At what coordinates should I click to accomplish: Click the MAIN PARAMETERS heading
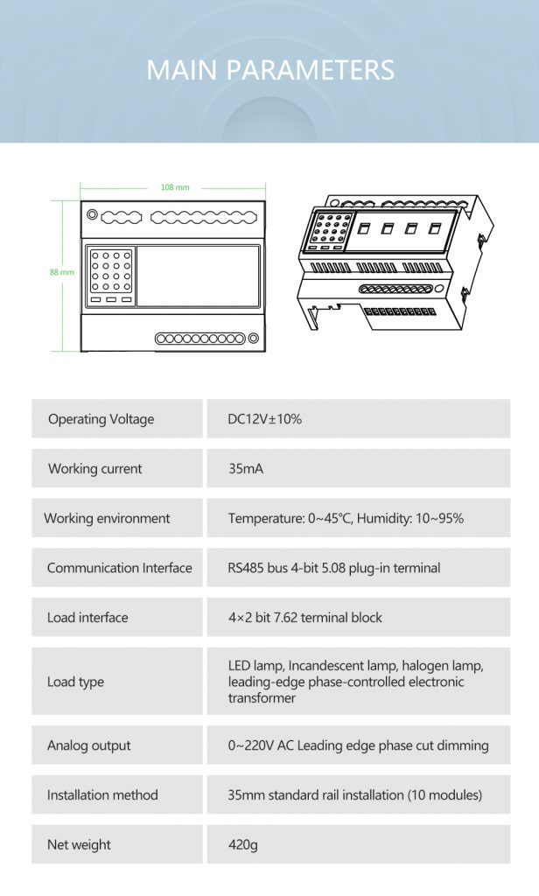coord(269,70)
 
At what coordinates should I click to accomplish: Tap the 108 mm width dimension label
coord(175,187)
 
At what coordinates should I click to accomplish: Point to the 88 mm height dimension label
coord(62,272)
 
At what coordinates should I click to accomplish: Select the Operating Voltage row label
coord(101,419)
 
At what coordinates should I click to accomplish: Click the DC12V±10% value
coord(264,419)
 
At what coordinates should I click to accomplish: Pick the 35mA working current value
coord(246,469)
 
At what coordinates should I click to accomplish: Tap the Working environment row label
coord(107,518)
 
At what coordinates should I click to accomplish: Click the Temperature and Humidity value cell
coord(346,518)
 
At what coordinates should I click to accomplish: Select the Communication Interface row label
coord(120,568)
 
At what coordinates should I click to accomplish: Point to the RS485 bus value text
coord(333,568)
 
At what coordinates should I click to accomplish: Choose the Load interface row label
coord(87,617)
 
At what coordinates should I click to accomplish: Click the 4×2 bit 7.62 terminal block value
coord(304,617)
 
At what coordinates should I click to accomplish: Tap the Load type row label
coord(75,682)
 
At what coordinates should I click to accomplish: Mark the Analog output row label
coord(88,745)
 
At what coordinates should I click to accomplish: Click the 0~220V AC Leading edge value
coord(359,745)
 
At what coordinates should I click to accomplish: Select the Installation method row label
coord(102,794)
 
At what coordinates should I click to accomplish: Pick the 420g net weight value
coord(243,844)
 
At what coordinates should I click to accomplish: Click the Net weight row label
coord(79,844)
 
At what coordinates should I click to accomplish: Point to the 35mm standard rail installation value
coord(355,794)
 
